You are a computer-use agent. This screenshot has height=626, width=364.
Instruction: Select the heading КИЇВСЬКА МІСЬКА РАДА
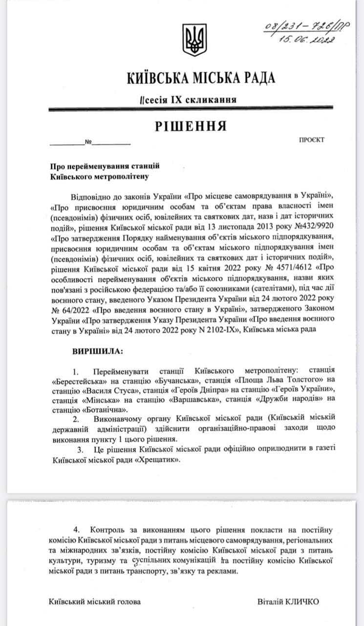click(x=201, y=78)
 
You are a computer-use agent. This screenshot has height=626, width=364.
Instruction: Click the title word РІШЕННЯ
click(x=191, y=126)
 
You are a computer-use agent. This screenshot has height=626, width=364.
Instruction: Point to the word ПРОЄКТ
click(x=312, y=139)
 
